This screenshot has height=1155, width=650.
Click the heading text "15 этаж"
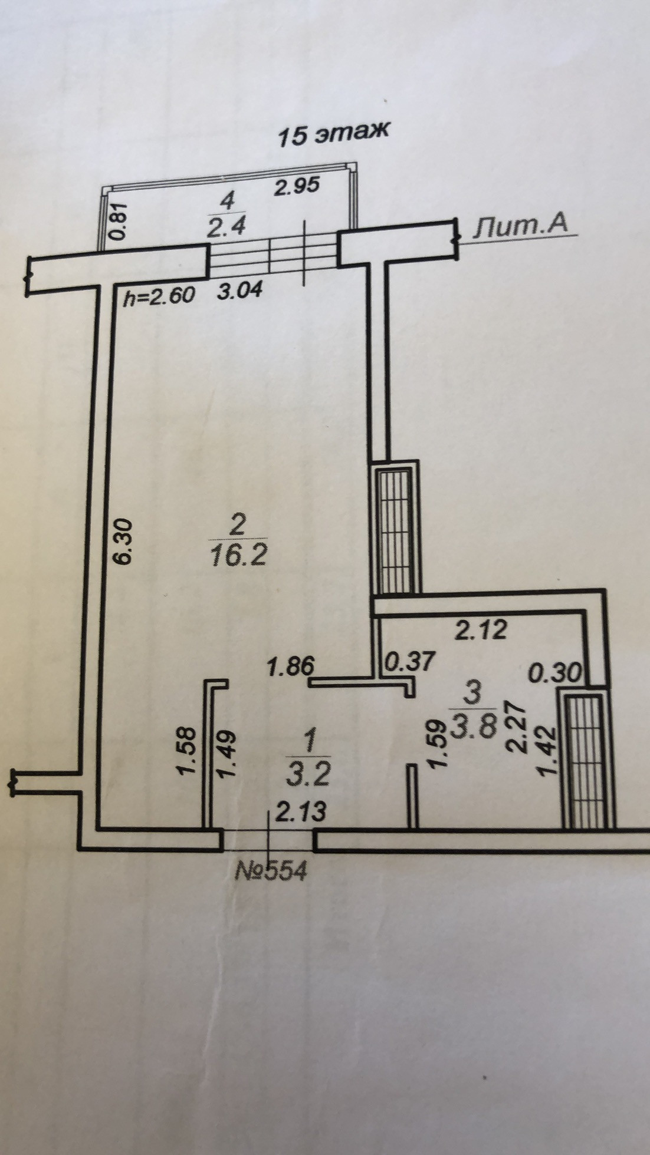333,134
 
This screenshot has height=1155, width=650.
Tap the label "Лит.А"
521,226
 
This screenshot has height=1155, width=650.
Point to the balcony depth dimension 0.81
119,221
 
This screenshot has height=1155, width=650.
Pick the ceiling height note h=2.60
159,294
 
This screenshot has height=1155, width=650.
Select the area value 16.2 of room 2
238,555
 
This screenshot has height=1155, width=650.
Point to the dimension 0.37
409,661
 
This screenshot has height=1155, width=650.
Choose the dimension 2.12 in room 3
481,630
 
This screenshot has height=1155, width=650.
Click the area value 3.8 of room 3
472,727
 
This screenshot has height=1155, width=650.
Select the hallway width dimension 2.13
301,813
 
